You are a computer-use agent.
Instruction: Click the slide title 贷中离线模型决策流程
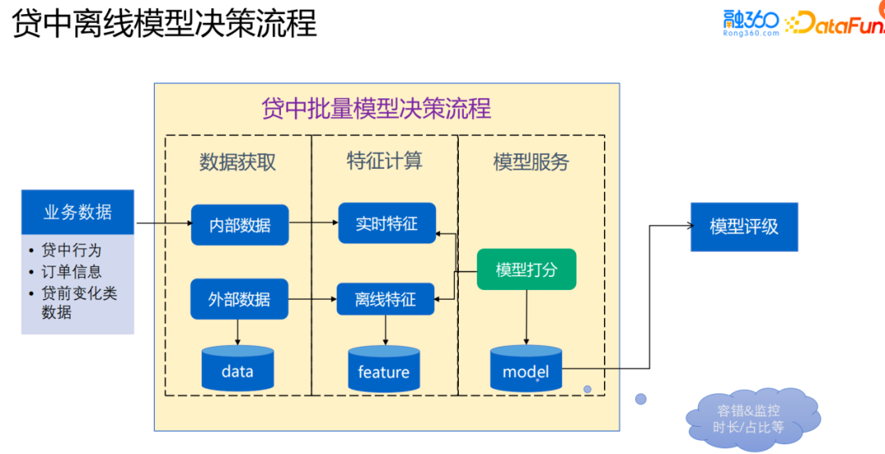pos(164,24)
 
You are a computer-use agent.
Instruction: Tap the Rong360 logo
pos(751,23)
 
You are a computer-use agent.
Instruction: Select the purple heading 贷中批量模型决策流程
pos(376,108)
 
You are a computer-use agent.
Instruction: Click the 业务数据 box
pos(78,212)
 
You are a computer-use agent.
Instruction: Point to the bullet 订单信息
pos(71,271)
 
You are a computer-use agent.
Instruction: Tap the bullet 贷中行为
pos(71,250)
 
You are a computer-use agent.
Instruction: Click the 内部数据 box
pos(239,225)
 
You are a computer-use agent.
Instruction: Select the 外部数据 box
pos(239,299)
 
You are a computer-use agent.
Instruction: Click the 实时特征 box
pos(387,224)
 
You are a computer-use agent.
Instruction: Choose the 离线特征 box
pos(385,299)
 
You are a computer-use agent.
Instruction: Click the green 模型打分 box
pos(526,270)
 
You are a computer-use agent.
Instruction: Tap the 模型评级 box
pos(743,227)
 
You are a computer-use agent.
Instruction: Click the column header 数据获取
pos(238,161)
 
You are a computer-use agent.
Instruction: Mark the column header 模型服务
pos(531,161)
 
